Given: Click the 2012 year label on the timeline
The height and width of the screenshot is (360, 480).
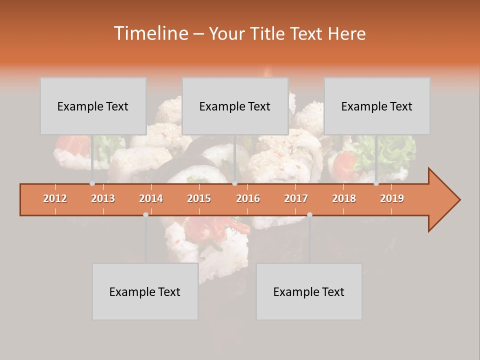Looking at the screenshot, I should (x=55, y=198).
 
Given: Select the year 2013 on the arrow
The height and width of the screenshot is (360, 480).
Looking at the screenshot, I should (x=103, y=198).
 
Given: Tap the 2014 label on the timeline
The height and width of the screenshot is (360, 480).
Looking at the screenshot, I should (x=151, y=198).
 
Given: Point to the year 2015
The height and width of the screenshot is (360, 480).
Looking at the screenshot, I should (x=199, y=198).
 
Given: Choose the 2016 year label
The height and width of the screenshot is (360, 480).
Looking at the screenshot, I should (x=248, y=198).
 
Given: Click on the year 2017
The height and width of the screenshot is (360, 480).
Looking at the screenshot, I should (x=296, y=198).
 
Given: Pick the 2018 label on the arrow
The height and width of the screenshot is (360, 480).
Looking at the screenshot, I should (x=344, y=198).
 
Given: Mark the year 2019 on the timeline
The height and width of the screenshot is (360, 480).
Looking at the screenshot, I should (x=392, y=198).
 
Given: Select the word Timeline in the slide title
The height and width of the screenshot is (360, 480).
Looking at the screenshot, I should (x=150, y=33).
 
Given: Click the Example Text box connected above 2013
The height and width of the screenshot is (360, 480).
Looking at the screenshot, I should (x=93, y=106).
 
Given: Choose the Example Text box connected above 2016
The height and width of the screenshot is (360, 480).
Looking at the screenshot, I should (x=235, y=106).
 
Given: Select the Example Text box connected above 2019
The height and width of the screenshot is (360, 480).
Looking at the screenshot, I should (x=377, y=106).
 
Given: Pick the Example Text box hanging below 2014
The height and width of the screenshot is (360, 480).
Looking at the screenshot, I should (x=145, y=291).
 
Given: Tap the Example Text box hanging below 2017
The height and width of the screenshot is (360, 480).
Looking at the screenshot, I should (x=309, y=291).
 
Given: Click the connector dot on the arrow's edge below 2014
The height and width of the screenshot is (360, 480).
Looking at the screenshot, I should (x=145, y=214).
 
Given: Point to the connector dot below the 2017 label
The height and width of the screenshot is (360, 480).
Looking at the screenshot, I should (x=309, y=214).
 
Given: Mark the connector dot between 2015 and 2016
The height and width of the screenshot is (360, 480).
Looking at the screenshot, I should (x=234, y=183).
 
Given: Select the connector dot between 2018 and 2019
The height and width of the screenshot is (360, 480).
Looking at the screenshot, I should (x=376, y=183).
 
